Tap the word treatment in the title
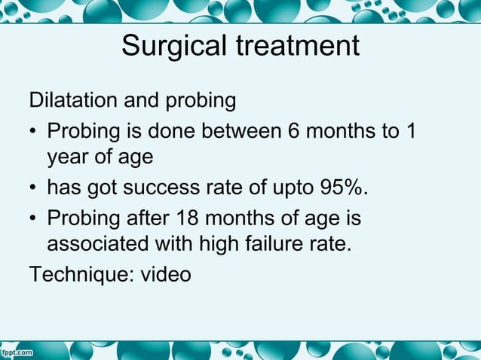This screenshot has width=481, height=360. [x=300, y=47]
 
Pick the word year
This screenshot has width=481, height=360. [x=67, y=158]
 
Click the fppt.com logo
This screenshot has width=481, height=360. [x=17, y=352]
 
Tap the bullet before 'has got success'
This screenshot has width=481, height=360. [x=34, y=188]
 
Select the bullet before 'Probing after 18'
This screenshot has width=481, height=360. [x=34, y=218]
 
